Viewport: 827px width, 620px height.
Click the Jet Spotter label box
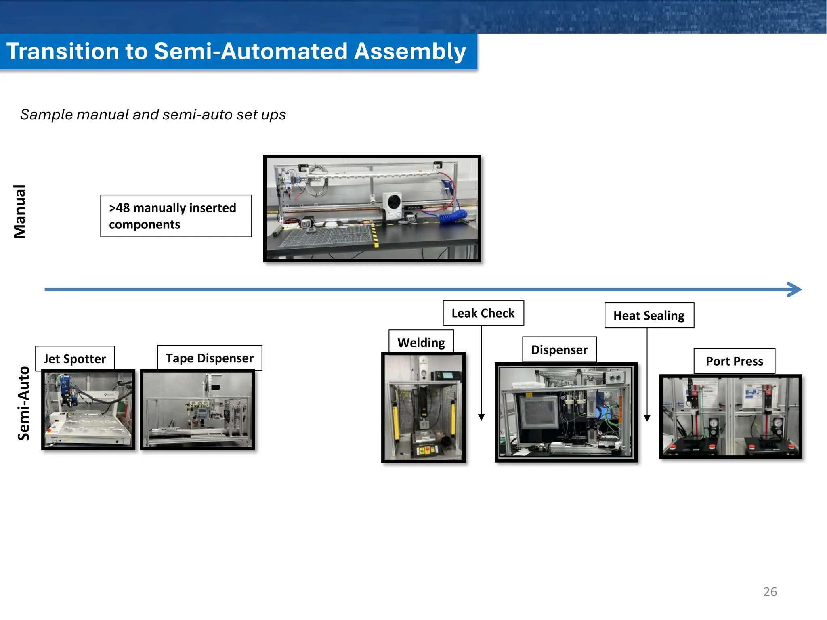[x=75, y=358]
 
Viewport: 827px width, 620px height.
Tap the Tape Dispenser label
[x=210, y=358]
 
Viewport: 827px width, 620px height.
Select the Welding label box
[x=421, y=342]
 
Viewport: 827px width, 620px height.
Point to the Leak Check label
[x=483, y=313]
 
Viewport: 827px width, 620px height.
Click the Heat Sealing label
[x=649, y=315]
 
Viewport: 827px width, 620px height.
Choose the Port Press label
[x=734, y=361]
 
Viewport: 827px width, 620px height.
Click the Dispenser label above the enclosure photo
[x=559, y=350]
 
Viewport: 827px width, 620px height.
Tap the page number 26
[x=770, y=591]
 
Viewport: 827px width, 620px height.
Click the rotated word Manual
[x=19, y=212]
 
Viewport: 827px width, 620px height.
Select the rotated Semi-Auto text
[x=23, y=403]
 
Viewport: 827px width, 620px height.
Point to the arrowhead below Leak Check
[x=481, y=417]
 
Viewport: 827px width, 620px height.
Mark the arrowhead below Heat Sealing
[x=647, y=418]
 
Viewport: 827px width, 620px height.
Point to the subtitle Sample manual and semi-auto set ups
[x=153, y=115]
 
